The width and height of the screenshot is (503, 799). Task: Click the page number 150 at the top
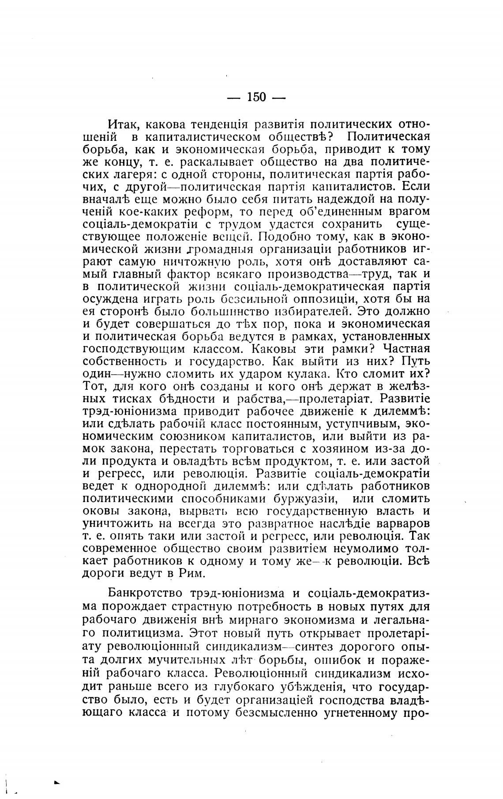click(x=256, y=97)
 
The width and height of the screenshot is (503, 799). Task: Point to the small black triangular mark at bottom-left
click(x=56, y=782)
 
